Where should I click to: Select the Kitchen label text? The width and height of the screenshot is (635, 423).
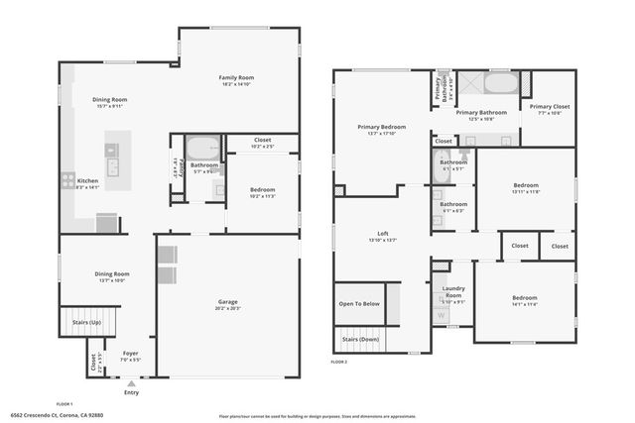tap(88, 182)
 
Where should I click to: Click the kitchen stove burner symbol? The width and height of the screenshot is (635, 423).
tap(67, 180)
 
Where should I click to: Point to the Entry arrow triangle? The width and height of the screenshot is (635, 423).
tap(131, 382)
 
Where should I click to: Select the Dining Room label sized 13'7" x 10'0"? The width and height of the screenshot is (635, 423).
tap(112, 276)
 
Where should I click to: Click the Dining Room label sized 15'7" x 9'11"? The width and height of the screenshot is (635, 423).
tap(112, 101)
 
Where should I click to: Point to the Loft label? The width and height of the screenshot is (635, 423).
tap(382, 236)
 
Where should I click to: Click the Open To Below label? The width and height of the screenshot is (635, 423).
tap(358, 304)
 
